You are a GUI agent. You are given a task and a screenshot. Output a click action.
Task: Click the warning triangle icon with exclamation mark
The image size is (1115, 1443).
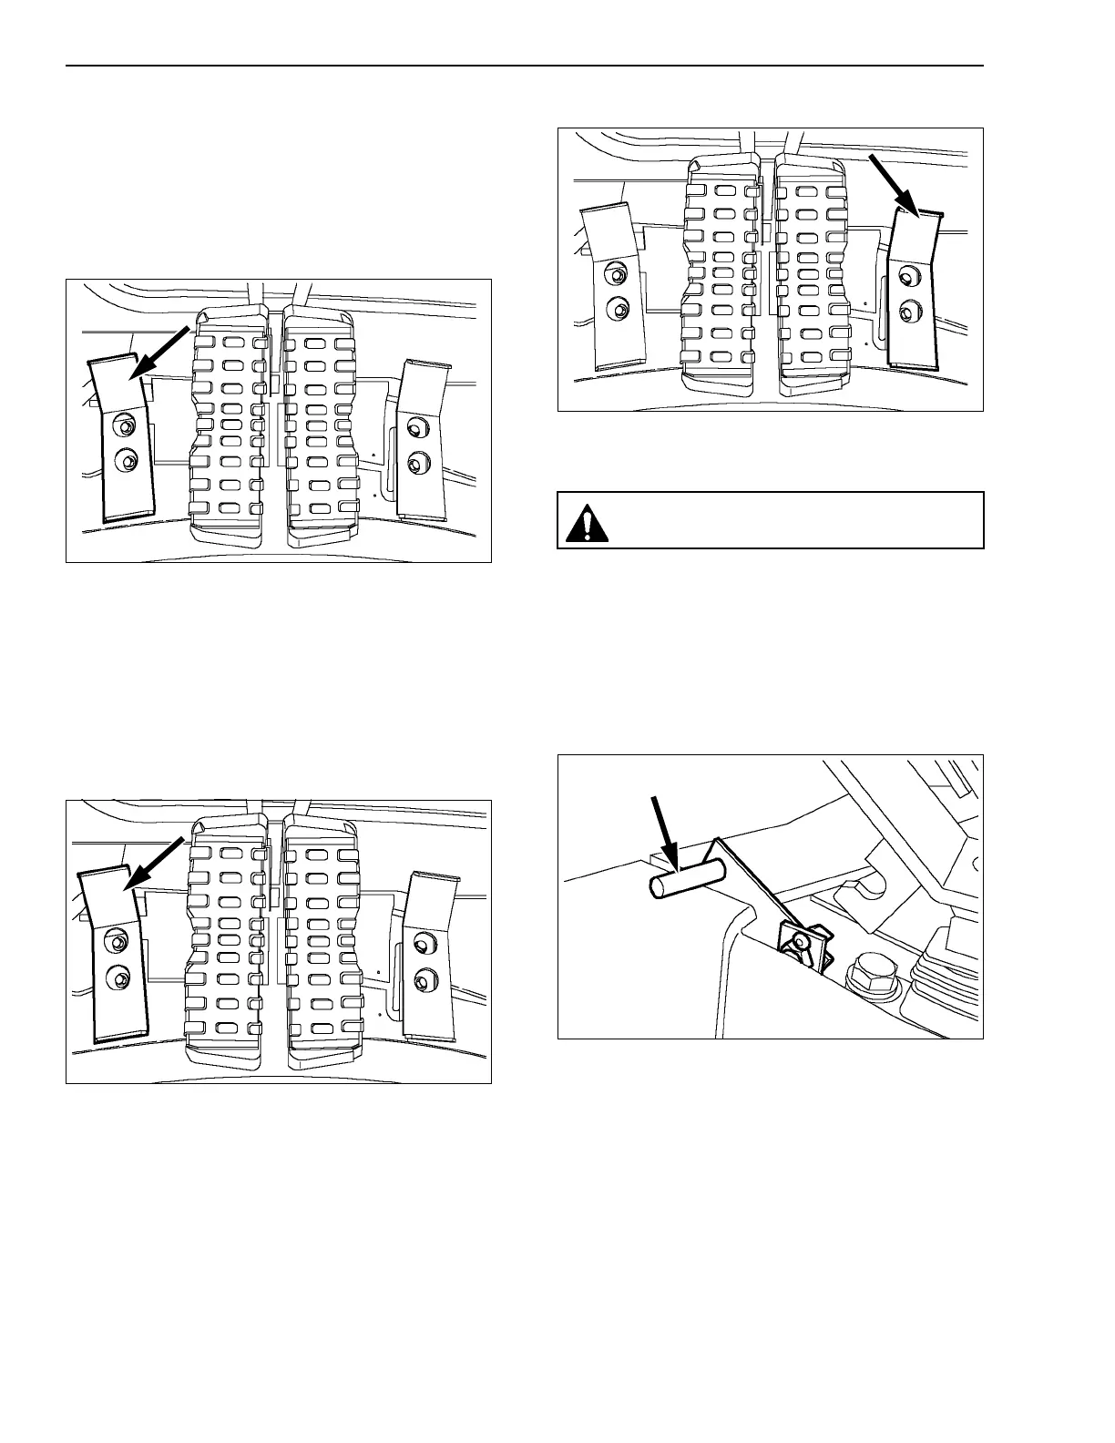585,523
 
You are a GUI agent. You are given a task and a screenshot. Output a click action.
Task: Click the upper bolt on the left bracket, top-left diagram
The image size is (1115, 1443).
126,426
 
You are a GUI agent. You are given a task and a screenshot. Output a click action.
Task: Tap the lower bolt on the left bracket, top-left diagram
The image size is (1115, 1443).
127,462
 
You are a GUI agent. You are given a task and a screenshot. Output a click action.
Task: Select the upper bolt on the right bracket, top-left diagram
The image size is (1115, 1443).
416,428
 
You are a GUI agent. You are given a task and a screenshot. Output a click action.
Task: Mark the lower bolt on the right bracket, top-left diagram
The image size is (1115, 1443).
416,464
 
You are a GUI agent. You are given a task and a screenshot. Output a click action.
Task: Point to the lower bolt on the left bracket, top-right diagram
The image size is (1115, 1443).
619,309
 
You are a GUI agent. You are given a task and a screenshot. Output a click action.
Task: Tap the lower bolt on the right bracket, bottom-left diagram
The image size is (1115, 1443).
422,980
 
